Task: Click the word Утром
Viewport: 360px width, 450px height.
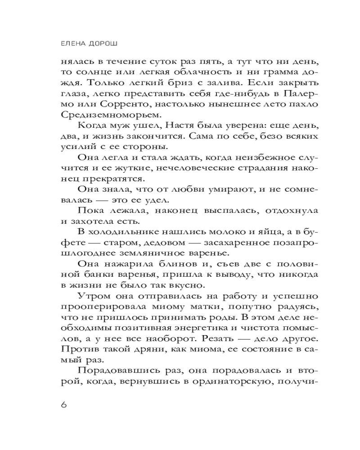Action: (94, 296)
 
